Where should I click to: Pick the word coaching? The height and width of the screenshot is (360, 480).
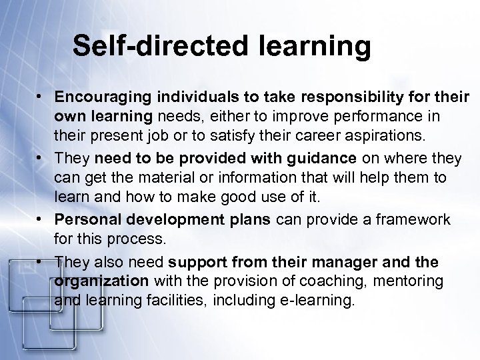[310, 281]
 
